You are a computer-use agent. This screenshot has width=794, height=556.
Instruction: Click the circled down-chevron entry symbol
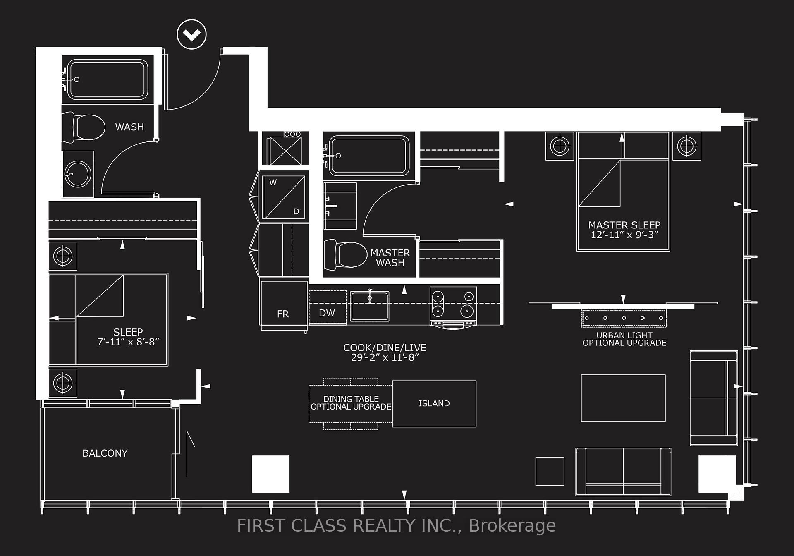point(191,34)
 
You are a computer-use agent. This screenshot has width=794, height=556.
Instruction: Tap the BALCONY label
point(105,453)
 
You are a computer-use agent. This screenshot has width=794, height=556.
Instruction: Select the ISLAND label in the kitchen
point(434,403)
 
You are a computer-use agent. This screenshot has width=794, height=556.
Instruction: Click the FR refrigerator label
point(283,314)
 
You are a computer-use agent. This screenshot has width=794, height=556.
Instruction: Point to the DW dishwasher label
point(327,313)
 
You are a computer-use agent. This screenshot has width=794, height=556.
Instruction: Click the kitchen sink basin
point(369,306)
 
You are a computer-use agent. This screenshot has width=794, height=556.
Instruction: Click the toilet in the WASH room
point(83,127)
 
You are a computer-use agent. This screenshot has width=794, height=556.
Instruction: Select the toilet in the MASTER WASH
point(345,254)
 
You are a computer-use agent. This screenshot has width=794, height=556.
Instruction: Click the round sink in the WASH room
point(78,174)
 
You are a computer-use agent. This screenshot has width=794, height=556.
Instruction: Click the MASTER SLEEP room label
point(624,225)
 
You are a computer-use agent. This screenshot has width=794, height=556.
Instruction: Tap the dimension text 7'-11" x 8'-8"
point(128,342)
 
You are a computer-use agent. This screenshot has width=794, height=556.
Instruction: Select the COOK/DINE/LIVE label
point(385,348)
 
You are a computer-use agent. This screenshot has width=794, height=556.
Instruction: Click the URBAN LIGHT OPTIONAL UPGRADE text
point(624,339)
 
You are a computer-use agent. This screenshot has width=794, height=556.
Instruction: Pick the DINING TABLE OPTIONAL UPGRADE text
point(351,403)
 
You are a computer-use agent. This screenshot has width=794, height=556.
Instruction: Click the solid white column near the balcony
point(271,474)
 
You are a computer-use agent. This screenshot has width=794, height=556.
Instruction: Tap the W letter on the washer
point(273,182)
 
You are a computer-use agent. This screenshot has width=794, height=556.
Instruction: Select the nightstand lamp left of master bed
point(560,146)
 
